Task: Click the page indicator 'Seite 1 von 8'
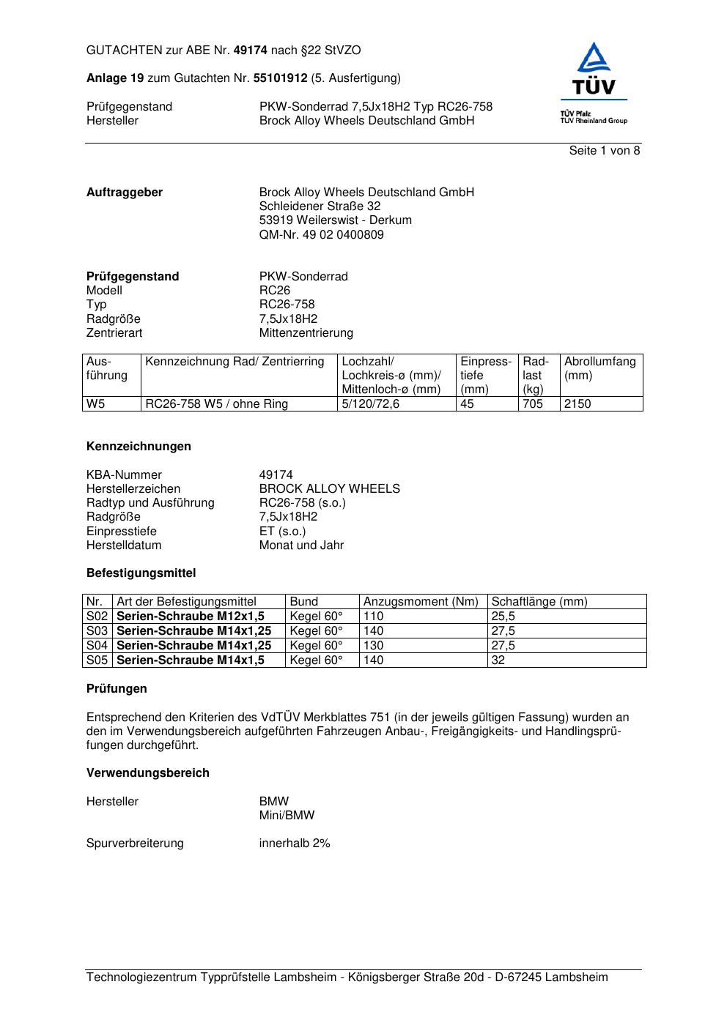pos(604,151)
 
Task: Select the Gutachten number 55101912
pos(280,78)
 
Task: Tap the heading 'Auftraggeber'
pos(125,193)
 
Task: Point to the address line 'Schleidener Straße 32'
pos(320,206)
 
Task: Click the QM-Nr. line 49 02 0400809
pos(321,235)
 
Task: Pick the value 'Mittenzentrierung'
pos(306,333)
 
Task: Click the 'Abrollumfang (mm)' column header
pos(599,368)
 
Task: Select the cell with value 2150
pos(577,404)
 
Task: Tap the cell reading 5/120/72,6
pos(371,404)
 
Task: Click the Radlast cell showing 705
pos(533,404)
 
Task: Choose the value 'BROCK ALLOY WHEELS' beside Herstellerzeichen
pos(329,489)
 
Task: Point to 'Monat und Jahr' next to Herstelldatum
pos(301,545)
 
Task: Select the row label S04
pos(97,646)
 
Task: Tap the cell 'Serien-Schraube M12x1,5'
pos(191,617)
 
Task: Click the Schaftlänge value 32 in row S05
pos(498,660)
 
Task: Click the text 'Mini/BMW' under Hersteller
pos(287,816)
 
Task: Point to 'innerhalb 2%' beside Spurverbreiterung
pos(295,843)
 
